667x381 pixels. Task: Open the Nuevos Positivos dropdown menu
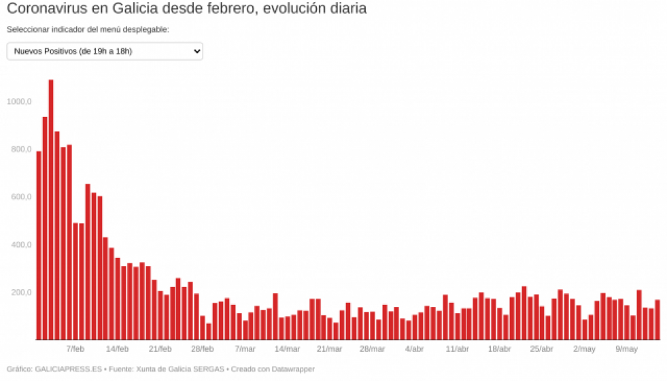point(105,52)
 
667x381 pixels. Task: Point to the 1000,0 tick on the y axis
point(19,101)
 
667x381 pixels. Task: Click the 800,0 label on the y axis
point(20,149)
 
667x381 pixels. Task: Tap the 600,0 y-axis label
point(20,197)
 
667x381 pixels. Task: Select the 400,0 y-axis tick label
point(20,244)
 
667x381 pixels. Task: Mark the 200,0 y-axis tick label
point(20,292)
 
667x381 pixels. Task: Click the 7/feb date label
point(75,349)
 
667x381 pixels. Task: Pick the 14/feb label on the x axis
point(117,349)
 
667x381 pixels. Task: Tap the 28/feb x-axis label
point(202,349)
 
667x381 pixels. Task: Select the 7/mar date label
point(245,349)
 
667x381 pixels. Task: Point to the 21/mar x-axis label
point(329,349)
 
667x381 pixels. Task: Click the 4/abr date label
point(414,349)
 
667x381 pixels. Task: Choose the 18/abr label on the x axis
point(499,349)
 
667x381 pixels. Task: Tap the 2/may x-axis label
point(584,349)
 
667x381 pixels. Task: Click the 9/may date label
point(626,349)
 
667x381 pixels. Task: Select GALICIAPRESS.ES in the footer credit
point(68,369)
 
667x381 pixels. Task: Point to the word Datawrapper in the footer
point(292,369)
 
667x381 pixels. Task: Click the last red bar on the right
point(657,320)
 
